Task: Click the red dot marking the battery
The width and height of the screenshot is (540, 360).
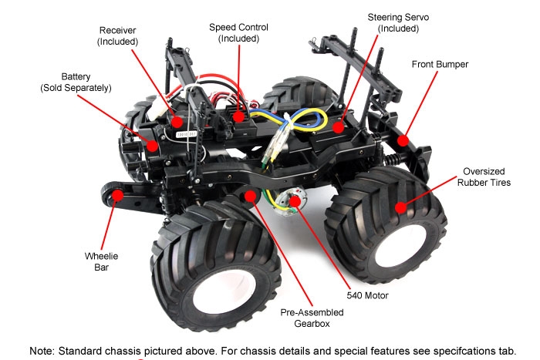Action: (152, 144)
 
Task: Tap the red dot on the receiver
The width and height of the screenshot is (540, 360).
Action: (178, 121)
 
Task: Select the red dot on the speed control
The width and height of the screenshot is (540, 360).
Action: (238, 117)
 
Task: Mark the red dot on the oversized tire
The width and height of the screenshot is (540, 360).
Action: (400, 207)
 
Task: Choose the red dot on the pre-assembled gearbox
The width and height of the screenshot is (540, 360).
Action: (250, 197)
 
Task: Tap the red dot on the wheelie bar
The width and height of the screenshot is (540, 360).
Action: (117, 196)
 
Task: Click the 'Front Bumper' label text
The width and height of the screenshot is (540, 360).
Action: (440, 64)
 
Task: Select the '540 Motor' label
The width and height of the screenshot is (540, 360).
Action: (366, 295)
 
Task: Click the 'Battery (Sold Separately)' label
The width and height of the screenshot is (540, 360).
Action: (76, 82)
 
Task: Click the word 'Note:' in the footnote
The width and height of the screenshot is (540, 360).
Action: (45, 350)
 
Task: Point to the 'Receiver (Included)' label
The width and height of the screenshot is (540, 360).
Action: (117, 35)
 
